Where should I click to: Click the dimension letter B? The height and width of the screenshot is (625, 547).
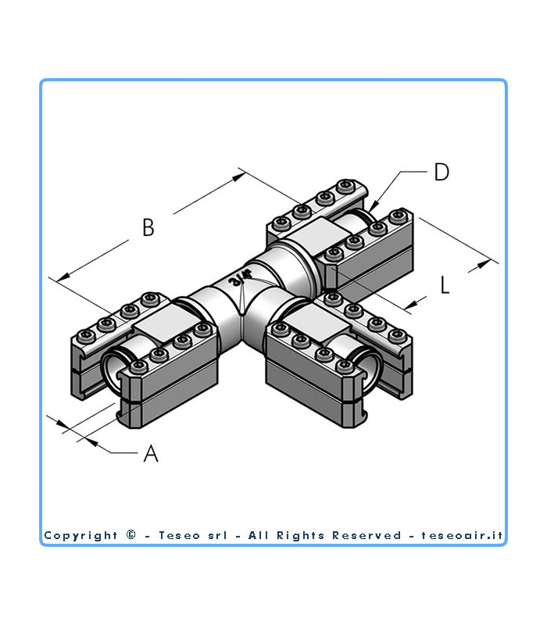pyautogui.click(x=148, y=227)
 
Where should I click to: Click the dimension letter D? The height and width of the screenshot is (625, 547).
pyautogui.click(x=442, y=172)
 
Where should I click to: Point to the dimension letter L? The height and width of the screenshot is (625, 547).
pyautogui.click(x=445, y=285)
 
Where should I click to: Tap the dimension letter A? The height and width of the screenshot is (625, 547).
pyautogui.click(x=151, y=452)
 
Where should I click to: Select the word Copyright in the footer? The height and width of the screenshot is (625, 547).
pyautogui.click(x=80, y=535)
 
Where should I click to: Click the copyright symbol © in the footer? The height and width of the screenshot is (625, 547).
pyautogui.click(x=130, y=535)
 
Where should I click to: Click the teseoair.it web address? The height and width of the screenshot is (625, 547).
pyautogui.click(x=463, y=535)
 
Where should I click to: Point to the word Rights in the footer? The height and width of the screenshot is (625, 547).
pyautogui.click(x=300, y=535)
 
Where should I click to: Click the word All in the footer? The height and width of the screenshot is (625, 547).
pyautogui.click(x=257, y=535)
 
